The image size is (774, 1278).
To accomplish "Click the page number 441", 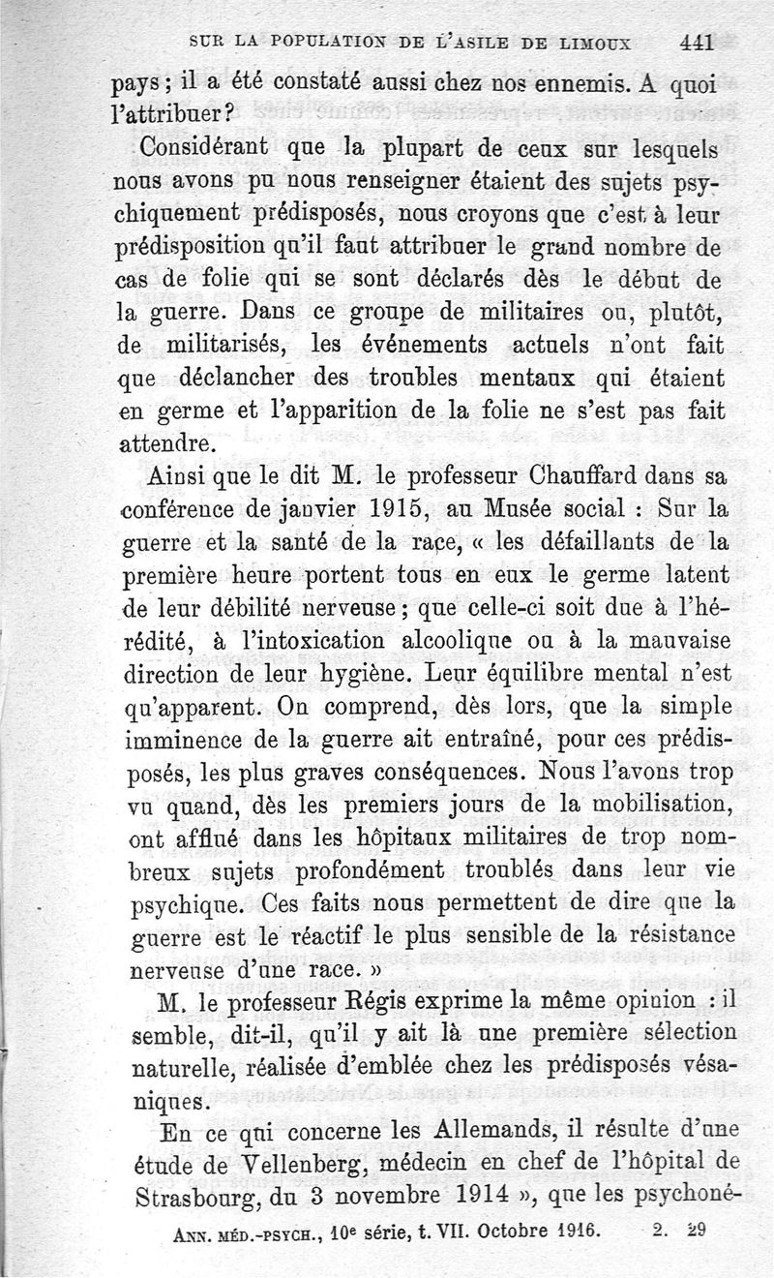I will [696, 42].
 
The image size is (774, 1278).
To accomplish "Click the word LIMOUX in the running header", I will [590, 43].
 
